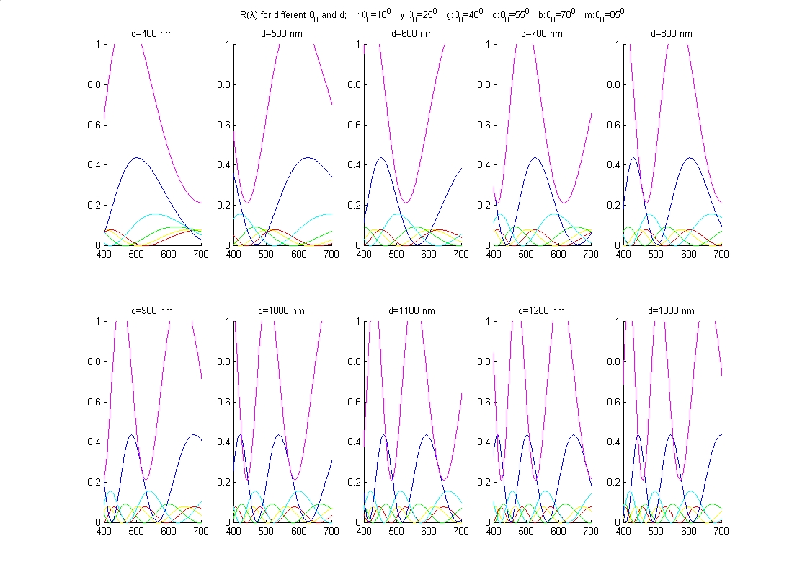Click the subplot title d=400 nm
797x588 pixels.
coord(153,33)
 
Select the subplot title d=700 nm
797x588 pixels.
coord(542,33)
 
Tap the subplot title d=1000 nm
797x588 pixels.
coord(282,310)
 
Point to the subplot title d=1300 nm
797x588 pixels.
coord(672,310)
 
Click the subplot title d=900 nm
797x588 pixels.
coord(153,310)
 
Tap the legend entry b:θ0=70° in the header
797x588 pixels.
coord(555,14)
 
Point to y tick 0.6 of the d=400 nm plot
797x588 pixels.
coord(93,124)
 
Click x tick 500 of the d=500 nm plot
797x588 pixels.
coord(267,254)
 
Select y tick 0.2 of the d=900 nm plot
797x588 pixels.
coord(93,482)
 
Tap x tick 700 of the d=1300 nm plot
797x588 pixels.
coord(721,531)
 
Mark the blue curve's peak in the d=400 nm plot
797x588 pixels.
coord(135,157)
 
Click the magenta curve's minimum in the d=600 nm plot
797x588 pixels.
coord(406,203)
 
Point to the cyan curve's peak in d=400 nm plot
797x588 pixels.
coord(155,214)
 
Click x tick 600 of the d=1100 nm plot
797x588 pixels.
coord(429,531)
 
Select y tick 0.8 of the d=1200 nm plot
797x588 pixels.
coord(482,361)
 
